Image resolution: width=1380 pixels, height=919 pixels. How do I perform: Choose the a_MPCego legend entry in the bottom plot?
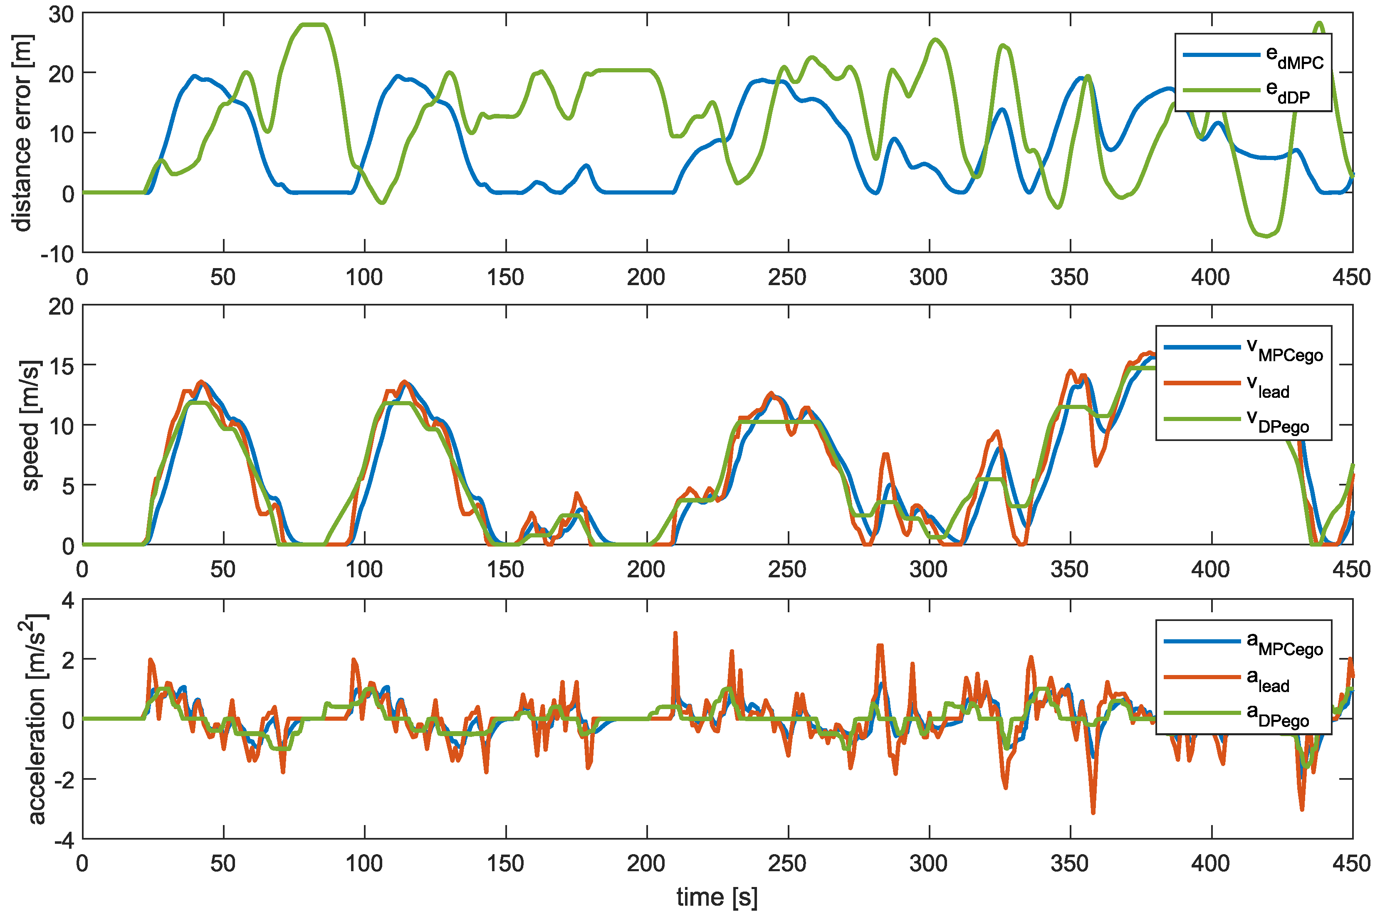[x=1243, y=643]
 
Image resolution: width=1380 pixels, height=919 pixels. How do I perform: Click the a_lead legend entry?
[x=1243, y=680]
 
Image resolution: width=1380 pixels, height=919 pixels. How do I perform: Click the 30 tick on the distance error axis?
[x=61, y=14]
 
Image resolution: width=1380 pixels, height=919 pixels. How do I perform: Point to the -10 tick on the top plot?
[x=57, y=254]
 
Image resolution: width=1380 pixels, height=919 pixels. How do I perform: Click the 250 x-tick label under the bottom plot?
[x=787, y=864]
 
